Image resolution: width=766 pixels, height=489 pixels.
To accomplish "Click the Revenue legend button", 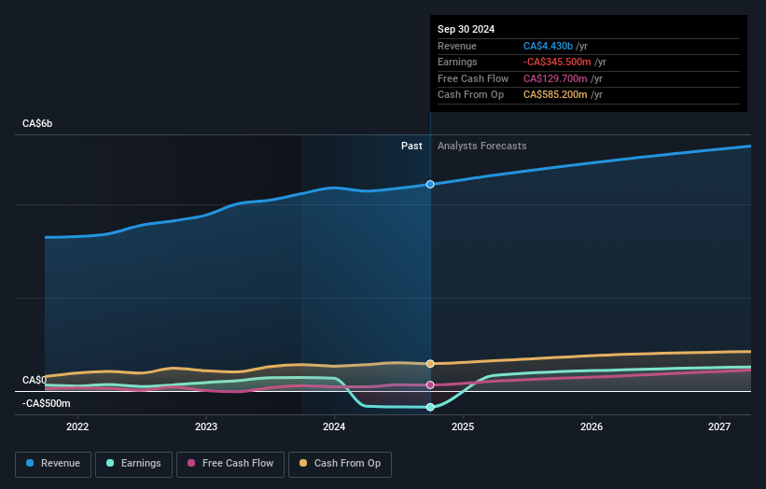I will [53, 464].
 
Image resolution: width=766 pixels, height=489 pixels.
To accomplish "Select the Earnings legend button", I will [133, 464].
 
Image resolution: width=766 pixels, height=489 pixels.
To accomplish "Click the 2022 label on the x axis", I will [77, 426].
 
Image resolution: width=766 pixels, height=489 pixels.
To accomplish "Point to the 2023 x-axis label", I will [206, 426].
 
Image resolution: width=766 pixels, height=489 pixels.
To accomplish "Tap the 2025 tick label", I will [463, 426].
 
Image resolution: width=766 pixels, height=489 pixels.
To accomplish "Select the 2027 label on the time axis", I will [719, 426].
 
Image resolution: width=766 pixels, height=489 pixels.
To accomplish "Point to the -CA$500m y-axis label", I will [47, 403].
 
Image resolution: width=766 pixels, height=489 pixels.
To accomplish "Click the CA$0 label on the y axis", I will [35, 380].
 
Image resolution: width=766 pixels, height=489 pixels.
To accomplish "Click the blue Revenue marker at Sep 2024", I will [430, 184].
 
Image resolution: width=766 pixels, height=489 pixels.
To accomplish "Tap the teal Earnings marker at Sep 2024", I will [430, 407].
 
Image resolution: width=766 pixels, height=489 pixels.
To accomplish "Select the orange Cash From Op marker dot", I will [430, 363].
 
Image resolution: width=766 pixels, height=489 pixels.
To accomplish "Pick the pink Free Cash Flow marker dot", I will [430, 384].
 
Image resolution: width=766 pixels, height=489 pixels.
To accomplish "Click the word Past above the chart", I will [411, 146].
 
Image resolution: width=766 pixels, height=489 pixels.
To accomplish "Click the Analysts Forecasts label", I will [481, 146].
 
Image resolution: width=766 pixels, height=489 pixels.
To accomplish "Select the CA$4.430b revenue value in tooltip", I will [549, 46].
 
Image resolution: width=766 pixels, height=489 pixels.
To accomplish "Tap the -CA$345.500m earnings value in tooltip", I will [559, 63].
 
